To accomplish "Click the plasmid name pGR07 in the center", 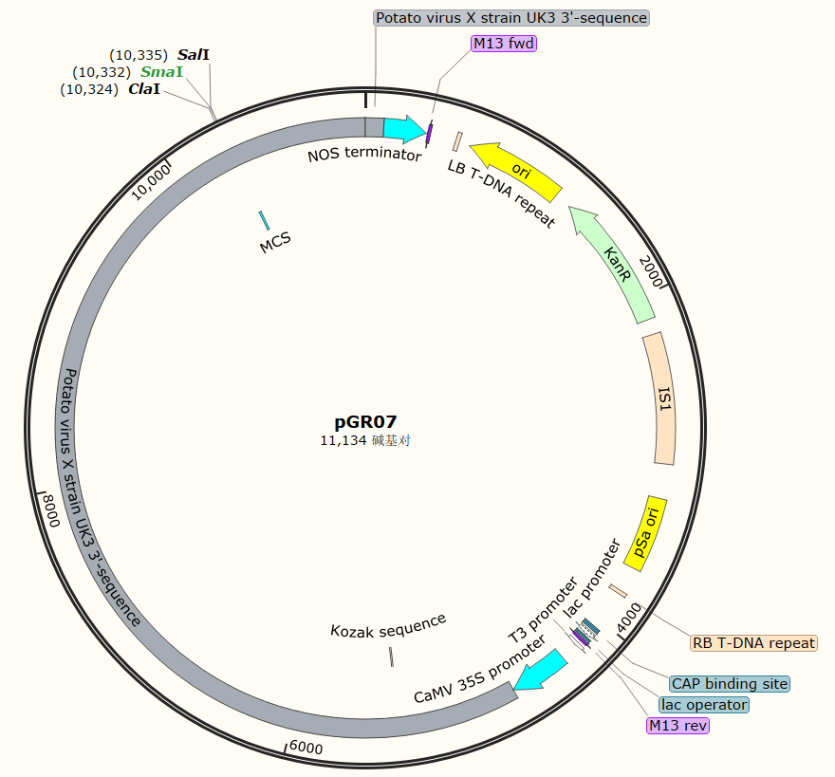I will click(x=365, y=422).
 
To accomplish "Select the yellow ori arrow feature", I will click(x=516, y=169).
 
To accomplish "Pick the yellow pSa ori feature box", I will click(x=648, y=533).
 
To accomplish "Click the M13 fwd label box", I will click(x=504, y=43).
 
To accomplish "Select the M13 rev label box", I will click(x=677, y=726).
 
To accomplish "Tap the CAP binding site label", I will click(x=729, y=684).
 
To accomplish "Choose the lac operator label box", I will click(x=704, y=705).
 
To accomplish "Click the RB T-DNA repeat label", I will click(x=753, y=643).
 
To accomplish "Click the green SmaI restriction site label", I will click(x=161, y=72).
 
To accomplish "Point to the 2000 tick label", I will click(x=652, y=270).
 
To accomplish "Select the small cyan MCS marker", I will click(x=264, y=221).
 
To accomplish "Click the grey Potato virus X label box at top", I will click(x=511, y=18).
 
